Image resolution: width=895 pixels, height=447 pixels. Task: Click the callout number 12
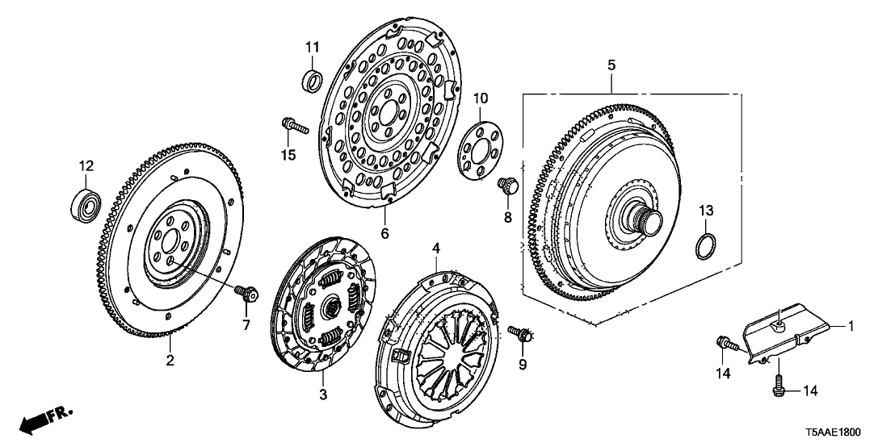86,166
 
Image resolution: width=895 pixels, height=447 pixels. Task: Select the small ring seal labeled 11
313,80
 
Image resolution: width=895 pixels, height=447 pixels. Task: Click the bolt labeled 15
293,126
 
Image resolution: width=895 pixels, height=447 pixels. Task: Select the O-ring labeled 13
705,245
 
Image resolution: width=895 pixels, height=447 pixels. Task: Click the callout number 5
611,61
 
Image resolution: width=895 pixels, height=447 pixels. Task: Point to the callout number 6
384,234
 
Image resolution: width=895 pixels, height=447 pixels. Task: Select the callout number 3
322,395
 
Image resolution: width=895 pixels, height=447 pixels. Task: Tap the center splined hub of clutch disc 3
330,307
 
